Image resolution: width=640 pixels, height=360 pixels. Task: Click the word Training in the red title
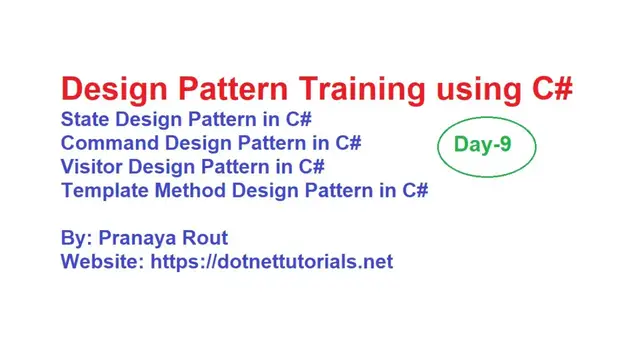(x=342, y=89)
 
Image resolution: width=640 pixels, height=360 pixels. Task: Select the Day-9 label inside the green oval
(x=483, y=144)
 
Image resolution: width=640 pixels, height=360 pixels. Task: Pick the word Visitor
(x=91, y=166)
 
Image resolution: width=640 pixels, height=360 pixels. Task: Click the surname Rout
(x=207, y=239)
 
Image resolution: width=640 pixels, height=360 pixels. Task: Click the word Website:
(x=102, y=262)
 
